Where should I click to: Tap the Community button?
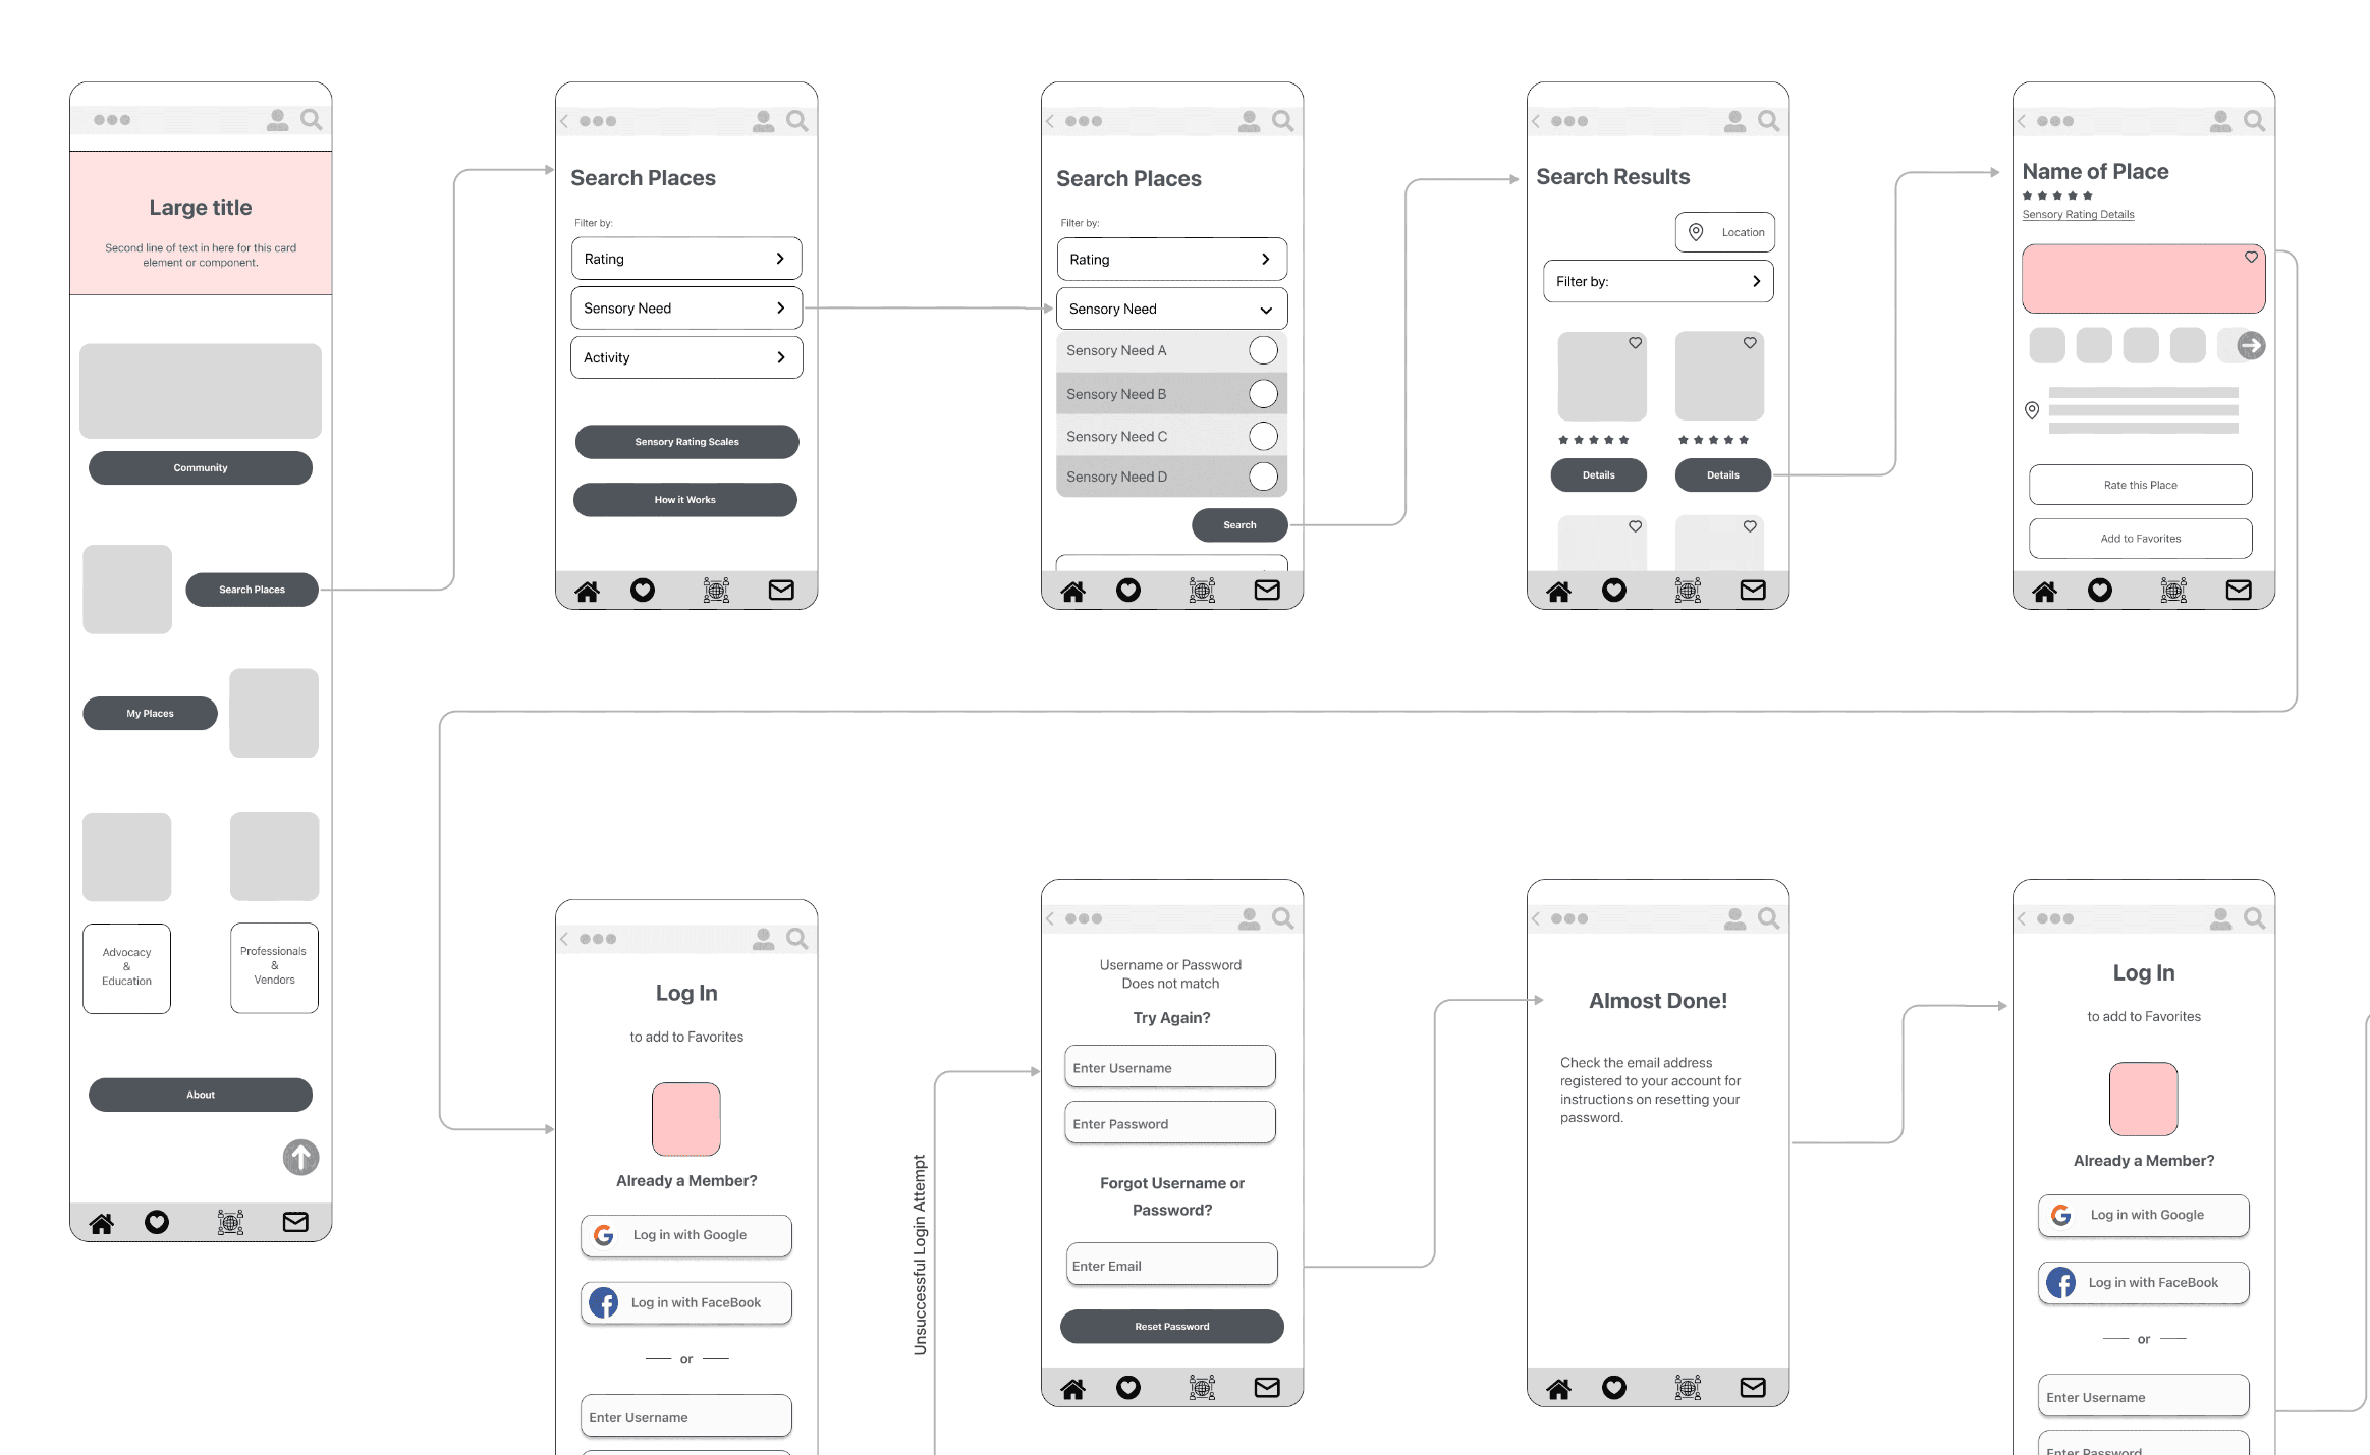tap(200, 468)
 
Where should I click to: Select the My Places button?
tap(150, 713)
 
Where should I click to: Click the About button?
tap(200, 1094)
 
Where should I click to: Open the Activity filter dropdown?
tap(686, 357)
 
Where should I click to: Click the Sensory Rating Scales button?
tap(686, 442)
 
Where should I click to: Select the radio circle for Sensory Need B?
tap(1263, 394)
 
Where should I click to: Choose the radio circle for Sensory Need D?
tap(1263, 477)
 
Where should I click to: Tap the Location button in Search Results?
tap(1725, 232)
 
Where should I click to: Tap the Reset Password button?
tap(1172, 1326)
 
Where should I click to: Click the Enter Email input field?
tap(1172, 1265)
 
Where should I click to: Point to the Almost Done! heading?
tap(1658, 1001)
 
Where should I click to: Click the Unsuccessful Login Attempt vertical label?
tap(919, 1255)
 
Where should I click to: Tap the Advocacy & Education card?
tap(127, 968)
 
